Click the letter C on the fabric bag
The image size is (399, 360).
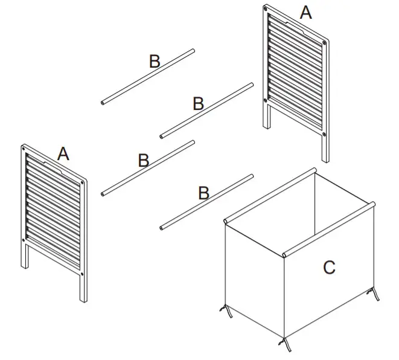click(x=329, y=267)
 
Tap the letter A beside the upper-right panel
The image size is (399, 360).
click(x=306, y=12)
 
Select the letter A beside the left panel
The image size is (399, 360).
click(x=63, y=154)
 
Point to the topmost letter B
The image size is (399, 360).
click(x=155, y=61)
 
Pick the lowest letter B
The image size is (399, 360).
click(x=203, y=193)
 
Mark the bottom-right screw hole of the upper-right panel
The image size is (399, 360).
click(x=324, y=133)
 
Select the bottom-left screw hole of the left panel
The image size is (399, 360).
click(x=25, y=240)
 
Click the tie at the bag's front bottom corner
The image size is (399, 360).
click(x=284, y=344)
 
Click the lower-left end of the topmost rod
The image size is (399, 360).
click(x=103, y=103)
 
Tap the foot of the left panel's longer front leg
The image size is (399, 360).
click(x=81, y=300)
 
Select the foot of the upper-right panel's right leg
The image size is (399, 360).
click(x=325, y=160)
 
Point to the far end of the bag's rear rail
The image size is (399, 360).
click(x=314, y=170)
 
